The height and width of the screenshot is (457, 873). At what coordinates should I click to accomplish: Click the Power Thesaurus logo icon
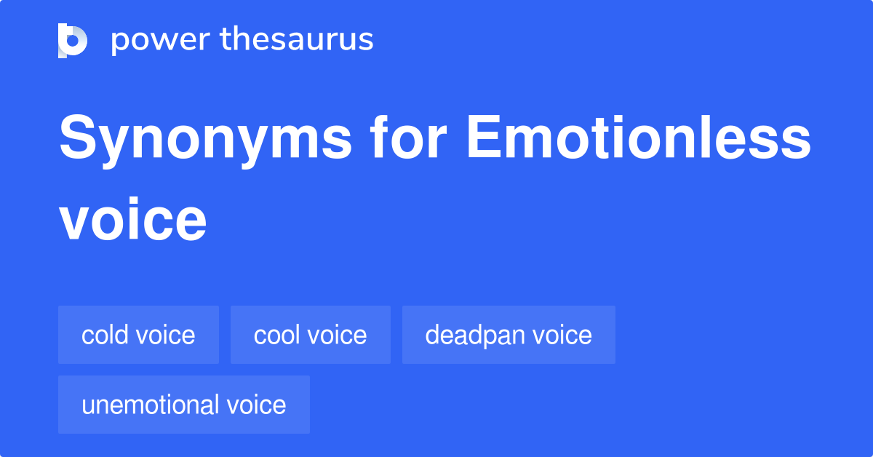point(73,41)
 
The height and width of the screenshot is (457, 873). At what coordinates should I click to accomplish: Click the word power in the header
point(161,40)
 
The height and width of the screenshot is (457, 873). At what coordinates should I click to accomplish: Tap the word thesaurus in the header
point(297,39)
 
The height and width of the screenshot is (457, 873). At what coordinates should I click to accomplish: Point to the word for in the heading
point(409,137)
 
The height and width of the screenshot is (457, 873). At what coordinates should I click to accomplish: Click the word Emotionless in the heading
point(639,137)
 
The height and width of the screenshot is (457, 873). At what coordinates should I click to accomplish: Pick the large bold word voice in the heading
point(132,220)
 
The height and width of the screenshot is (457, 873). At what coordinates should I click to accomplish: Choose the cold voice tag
point(138,335)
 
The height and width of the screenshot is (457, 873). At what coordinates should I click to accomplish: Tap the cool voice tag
point(310,335)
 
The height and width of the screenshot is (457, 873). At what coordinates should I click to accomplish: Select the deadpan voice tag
point(509,335)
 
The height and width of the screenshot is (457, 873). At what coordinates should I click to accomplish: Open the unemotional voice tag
point(184,405)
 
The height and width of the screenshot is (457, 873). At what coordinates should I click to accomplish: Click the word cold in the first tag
point(105,335)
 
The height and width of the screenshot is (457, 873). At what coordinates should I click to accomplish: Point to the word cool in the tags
point(276,335)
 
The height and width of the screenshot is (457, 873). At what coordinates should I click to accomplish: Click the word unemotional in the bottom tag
point(150,405)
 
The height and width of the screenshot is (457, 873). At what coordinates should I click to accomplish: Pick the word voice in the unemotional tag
point(256,405)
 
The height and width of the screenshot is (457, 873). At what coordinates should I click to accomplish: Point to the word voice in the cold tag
point(166,335)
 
